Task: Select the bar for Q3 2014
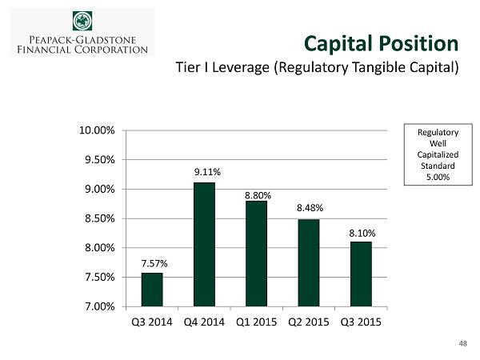[x=152, y=290]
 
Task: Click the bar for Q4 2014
[x=204, y=244]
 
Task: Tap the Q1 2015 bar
[x=256, y=254]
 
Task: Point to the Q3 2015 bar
[x=360, y=274]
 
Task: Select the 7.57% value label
[x=152, y=262]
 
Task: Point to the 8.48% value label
[x=308, y=208]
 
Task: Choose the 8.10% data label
[x=360, y=232]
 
